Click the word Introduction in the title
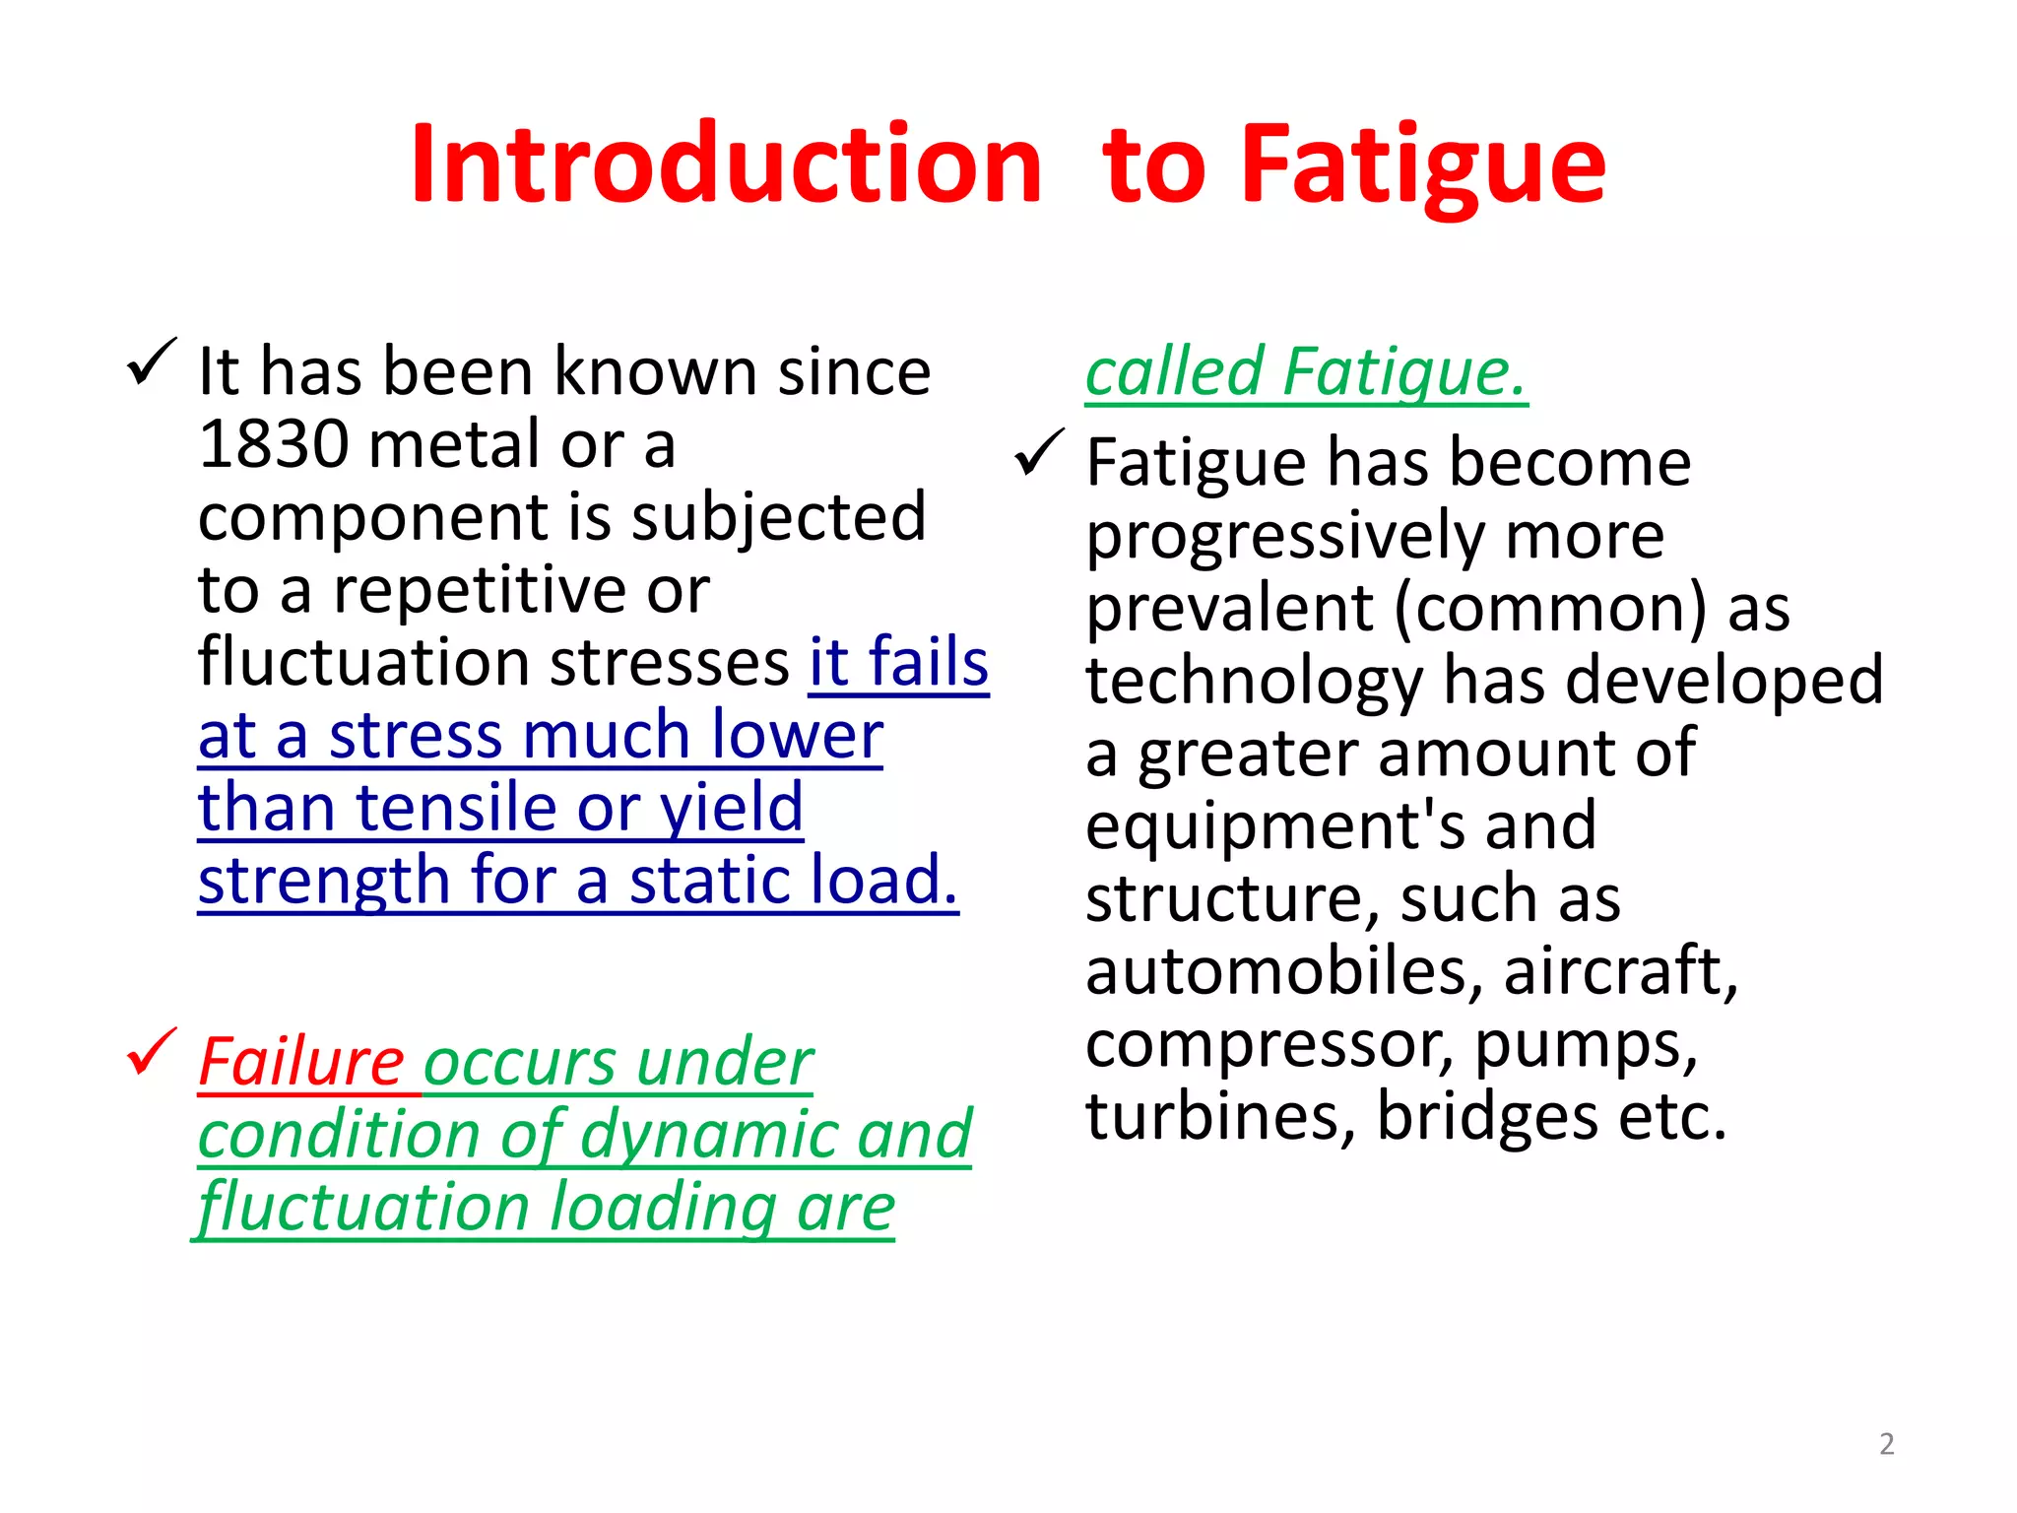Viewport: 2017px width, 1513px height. pyautogui.click(x=726, y=164)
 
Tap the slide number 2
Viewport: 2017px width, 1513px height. pyautogui.click(x=1886, y=1444)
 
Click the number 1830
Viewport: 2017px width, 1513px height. pyautogui.click(x=273, y=444)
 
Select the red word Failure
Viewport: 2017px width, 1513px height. pyautogui.click(x=301, y=1062)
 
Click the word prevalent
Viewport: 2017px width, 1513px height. pyautogui.click(x=1230, y=608)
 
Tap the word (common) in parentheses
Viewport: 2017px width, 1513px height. pyautogui.click(x=1550, y=608)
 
